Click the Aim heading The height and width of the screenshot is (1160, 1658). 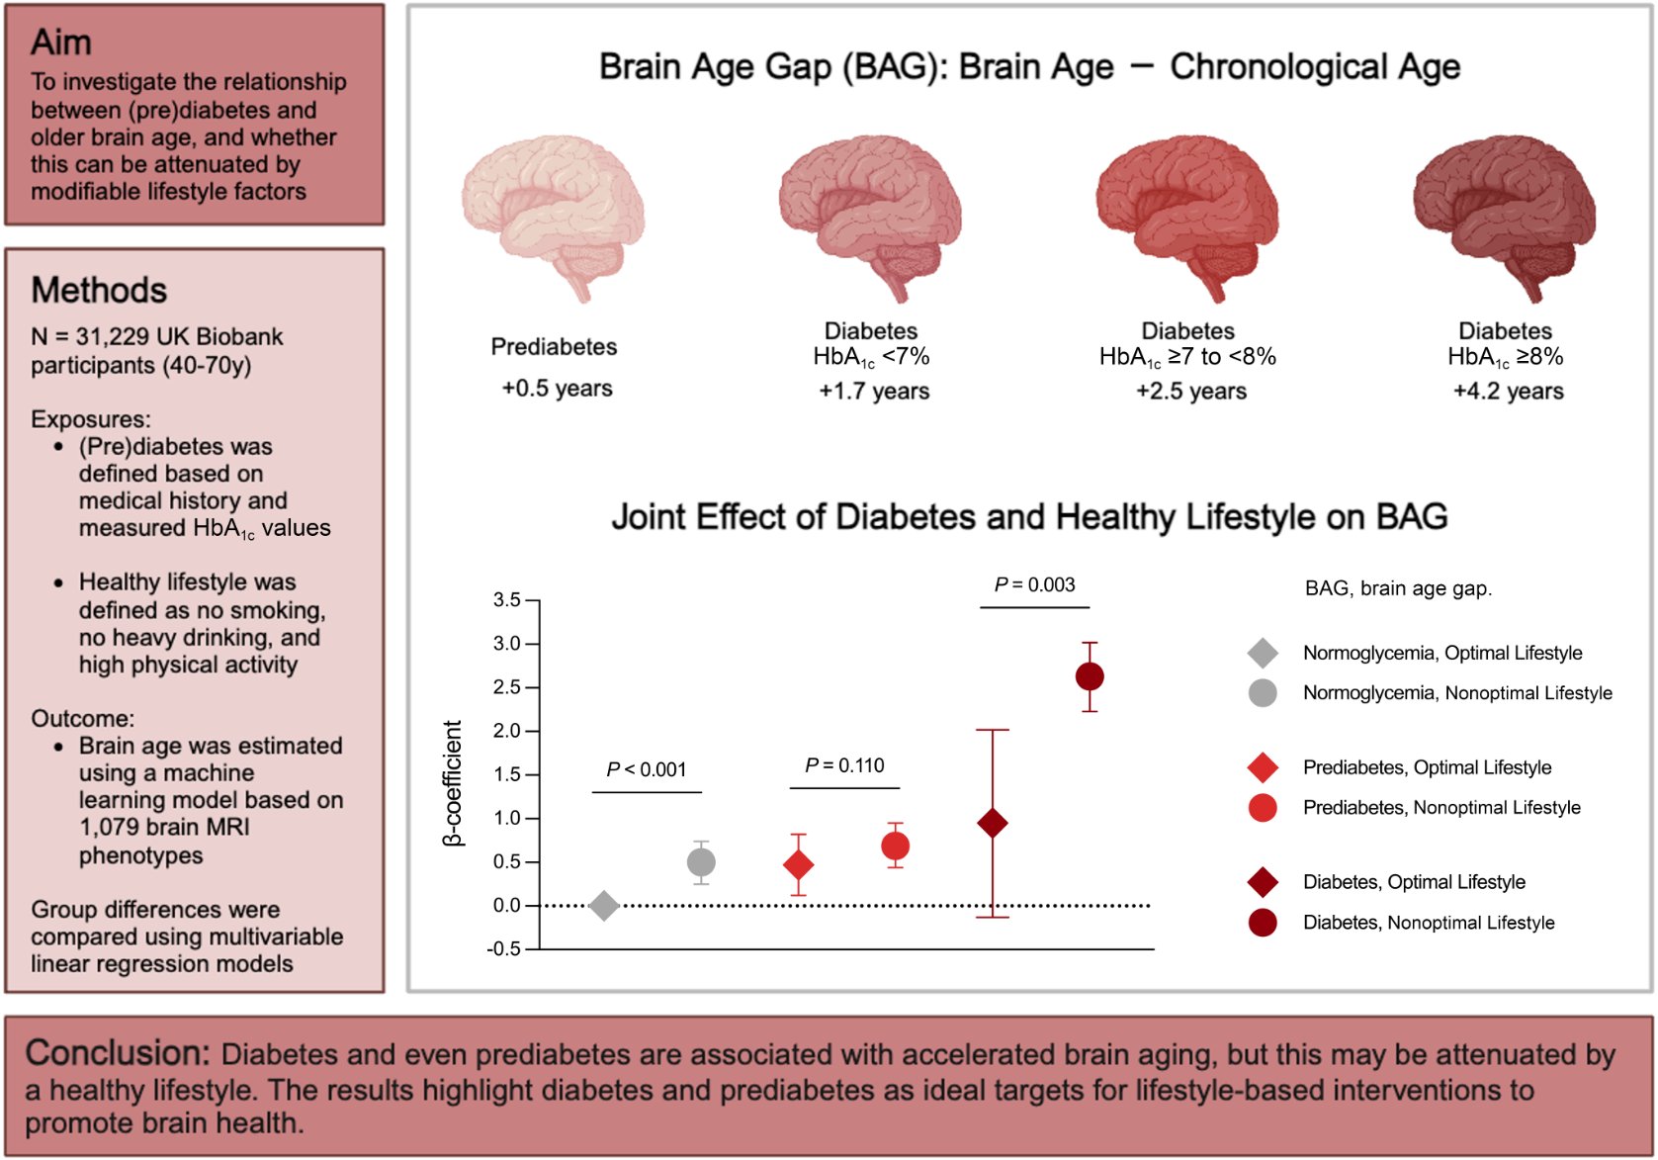(x=61, y=43)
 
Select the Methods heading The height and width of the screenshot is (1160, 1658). (x=99, y=290)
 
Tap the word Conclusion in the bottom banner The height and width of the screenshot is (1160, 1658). (x=117, y=1053)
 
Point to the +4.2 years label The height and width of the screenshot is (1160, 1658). (x=1508, y=392)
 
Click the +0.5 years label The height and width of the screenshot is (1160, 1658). (x=557, y=389)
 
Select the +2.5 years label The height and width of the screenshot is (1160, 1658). (x=1190, y=392)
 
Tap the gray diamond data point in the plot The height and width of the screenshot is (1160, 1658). (x=604, y=905)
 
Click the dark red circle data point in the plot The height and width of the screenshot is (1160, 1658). (x=1090, y=676)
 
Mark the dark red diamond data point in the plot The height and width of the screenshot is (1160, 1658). (x=993, y=823)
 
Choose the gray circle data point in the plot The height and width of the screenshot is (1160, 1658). (x=701, y=862)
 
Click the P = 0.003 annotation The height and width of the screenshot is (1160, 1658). (x=1034, y=584)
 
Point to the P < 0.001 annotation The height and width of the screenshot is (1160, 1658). (x=647, y=769)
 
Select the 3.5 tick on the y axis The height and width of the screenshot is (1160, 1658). (x=506, y=600)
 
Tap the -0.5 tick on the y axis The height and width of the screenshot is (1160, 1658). (x=504, y=948)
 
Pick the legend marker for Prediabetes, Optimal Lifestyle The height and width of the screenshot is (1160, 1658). (x=1263, y=767)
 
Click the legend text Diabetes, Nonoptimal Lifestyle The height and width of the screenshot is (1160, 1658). (x=1428, y=923)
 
